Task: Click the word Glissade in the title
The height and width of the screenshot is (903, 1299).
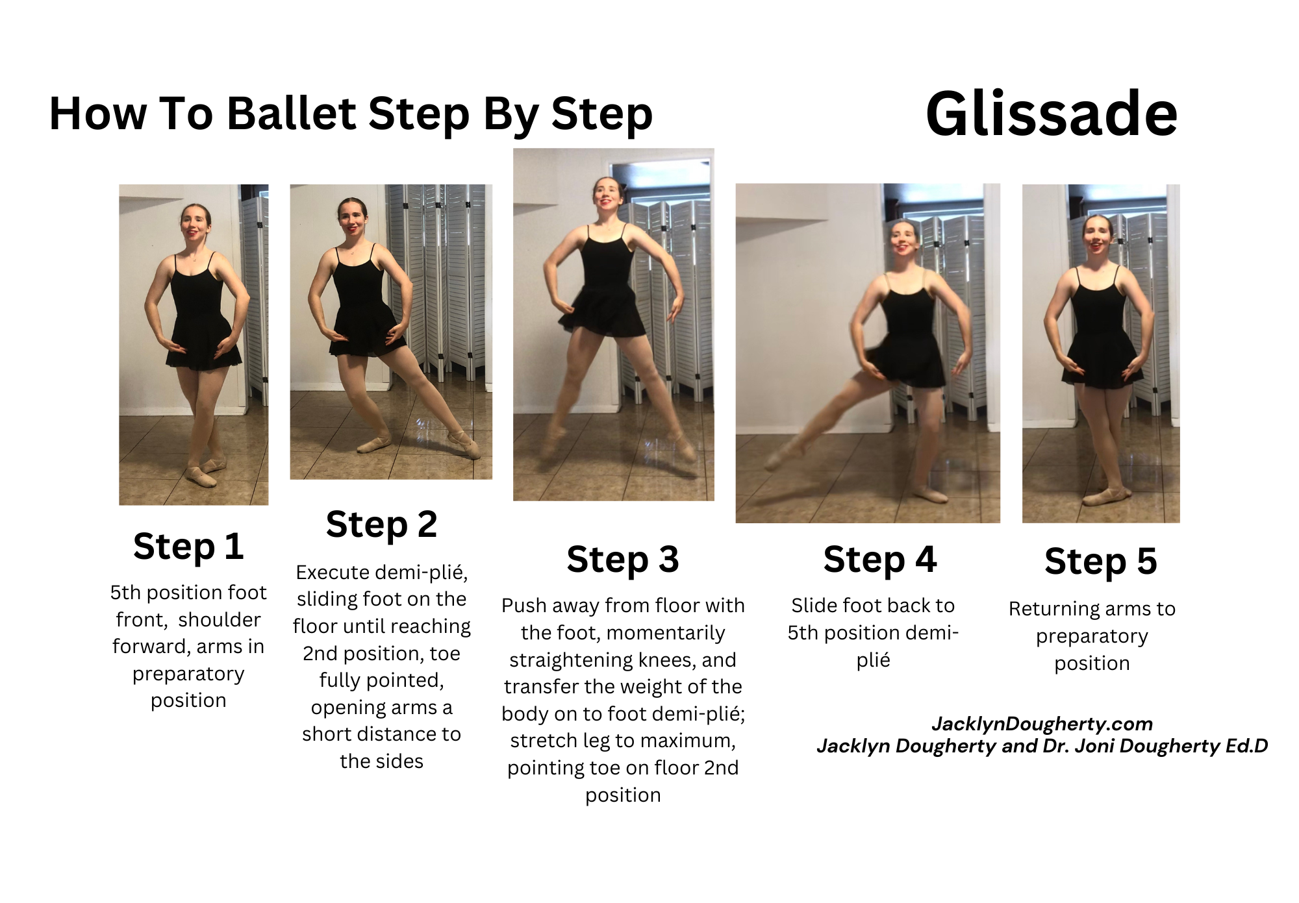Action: click(x=1051, y=114)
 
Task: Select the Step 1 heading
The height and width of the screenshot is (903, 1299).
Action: click(x=188, y=546)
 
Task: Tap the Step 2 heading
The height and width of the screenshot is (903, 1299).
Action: click(x=381, y=524)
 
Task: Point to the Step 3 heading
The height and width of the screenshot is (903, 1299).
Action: click(x=622, y=559)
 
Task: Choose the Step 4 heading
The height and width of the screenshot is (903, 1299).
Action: click(x=879, y=559)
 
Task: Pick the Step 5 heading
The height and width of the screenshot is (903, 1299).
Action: click(x=1100, y=561)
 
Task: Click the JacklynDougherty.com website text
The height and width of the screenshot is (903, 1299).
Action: click(x=1042, y=723)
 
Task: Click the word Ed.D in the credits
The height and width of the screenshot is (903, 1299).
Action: click(x=1246, y=746)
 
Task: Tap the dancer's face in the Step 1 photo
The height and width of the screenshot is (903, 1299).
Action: click(x=195, y=222)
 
